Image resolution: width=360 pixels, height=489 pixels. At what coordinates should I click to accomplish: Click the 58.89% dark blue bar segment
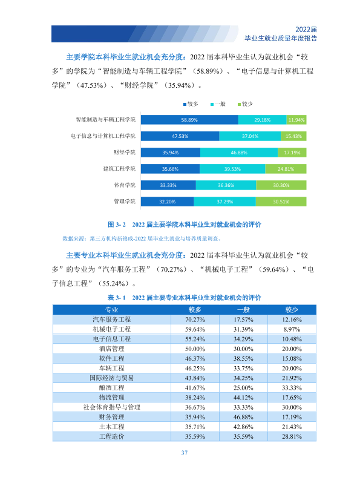click(189, 120)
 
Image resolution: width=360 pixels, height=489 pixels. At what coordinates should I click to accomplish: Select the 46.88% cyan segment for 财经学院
click(239, 153)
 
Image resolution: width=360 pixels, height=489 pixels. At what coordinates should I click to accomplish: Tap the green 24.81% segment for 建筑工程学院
click(286, 169)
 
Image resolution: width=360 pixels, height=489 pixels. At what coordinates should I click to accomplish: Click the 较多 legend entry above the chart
click(191, 104)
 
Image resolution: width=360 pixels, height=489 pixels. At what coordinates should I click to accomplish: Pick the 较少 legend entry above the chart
click(245, 104)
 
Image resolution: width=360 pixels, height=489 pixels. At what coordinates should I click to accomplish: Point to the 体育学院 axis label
click(125, 185)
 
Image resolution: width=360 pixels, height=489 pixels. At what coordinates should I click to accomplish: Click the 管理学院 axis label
click(125, 202)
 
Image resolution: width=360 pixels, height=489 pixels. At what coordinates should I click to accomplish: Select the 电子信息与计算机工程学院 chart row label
click(103, 136)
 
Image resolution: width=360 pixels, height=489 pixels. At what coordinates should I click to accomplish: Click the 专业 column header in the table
click(111, 310)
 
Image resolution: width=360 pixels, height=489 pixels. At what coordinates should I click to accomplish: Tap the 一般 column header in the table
click(243, 310)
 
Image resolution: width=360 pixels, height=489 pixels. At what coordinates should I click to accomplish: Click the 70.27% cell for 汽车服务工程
click(195, 320)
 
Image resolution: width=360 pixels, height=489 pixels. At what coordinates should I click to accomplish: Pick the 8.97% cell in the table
click(292, 329)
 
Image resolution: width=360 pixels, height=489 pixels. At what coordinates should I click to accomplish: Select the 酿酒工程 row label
click(111, 388)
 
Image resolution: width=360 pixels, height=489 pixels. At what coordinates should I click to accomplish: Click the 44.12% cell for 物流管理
click(243, 398)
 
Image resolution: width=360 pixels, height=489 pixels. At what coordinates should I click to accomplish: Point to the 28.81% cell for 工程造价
click(292, 436)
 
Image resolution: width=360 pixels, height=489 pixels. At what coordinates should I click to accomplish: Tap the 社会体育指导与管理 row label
click(111, 407)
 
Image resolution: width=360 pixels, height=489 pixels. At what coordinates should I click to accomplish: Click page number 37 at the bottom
click(185, 453)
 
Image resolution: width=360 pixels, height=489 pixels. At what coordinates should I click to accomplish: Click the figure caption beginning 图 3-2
click(184, 225)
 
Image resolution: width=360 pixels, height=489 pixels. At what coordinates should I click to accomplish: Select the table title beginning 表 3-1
click(184, 298)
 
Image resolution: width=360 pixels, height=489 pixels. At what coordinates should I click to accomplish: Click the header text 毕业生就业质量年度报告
click(281, 38)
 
